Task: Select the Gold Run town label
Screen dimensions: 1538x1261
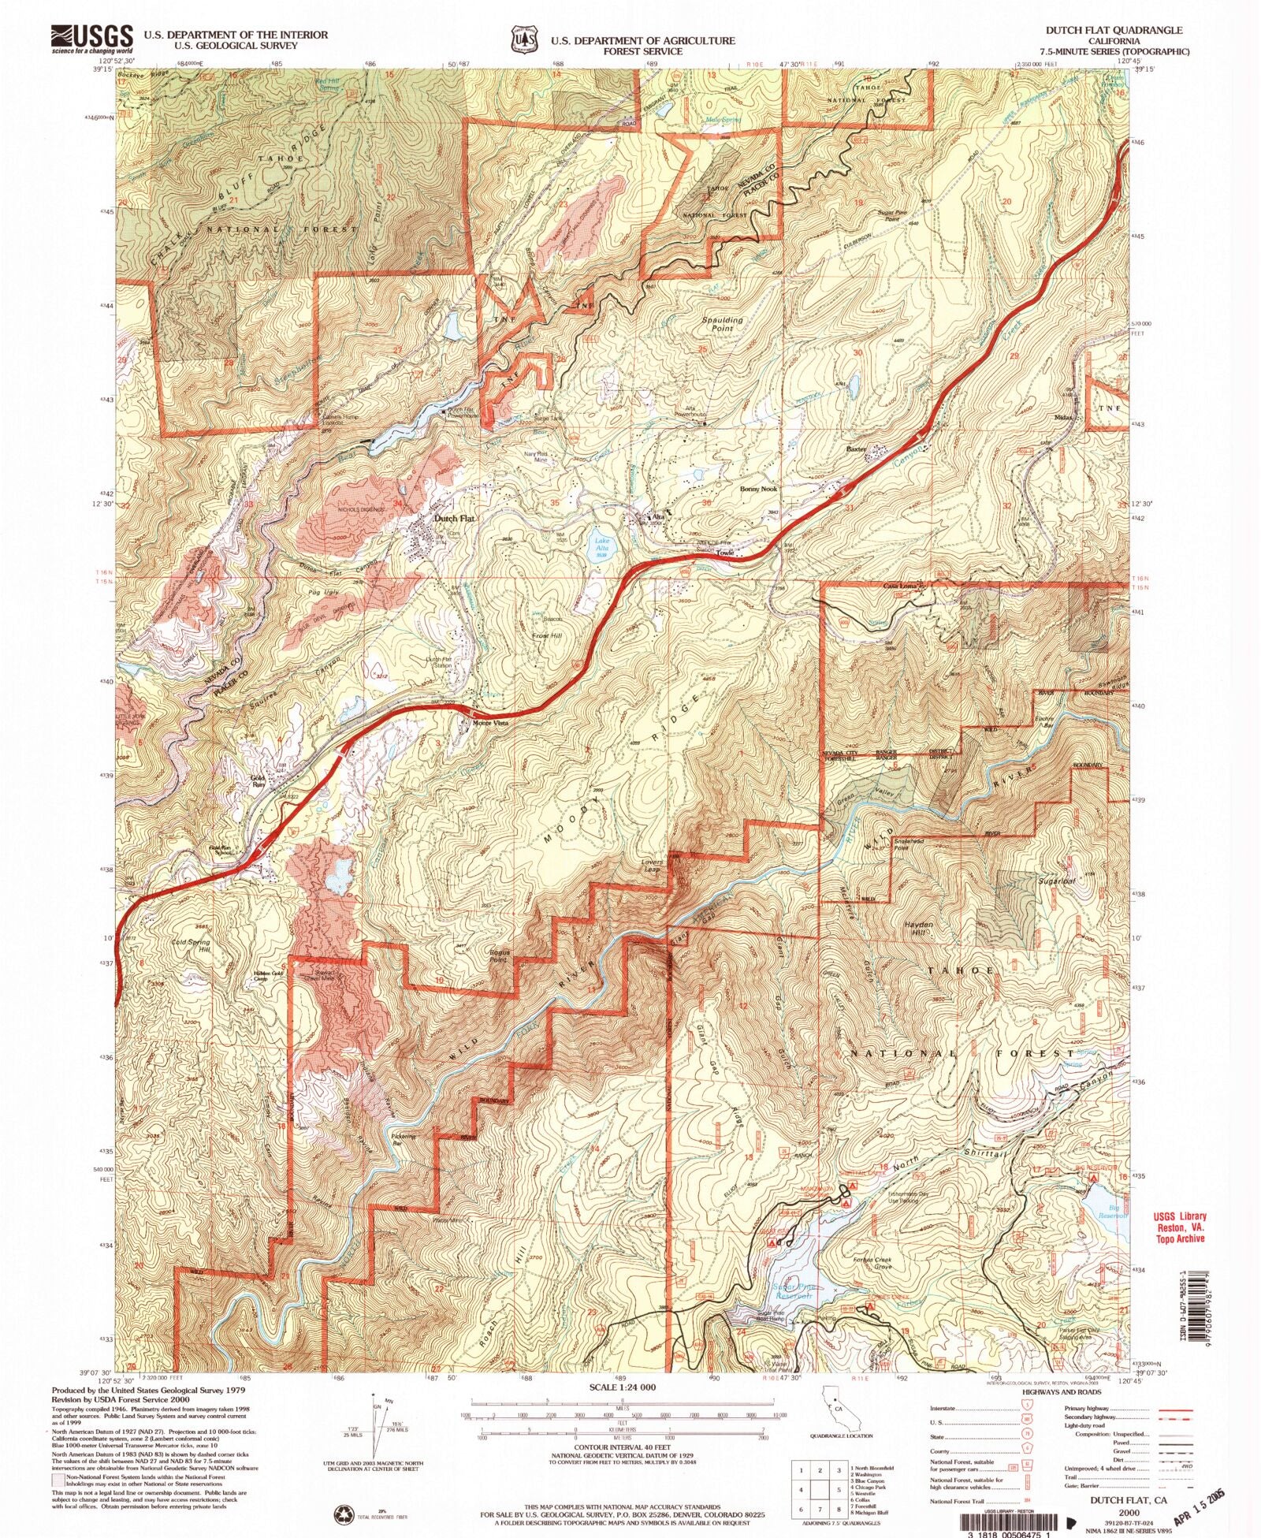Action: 259,780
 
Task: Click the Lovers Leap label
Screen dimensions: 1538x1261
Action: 652,866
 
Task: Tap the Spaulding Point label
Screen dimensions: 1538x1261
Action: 722,324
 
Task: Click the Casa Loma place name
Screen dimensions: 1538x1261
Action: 899,587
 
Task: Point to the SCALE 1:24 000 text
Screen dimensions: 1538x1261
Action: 623,1387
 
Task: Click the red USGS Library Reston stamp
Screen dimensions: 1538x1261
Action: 1181,1227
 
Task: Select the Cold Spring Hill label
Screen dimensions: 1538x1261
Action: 192,945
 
